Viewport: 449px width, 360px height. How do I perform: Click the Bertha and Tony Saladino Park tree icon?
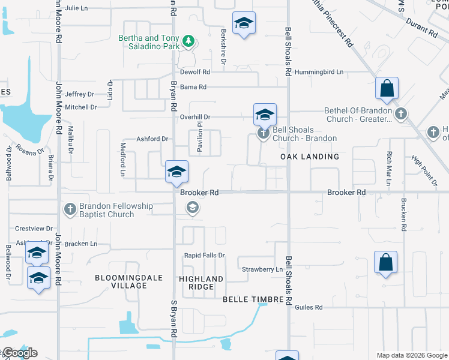[x=188, y=41]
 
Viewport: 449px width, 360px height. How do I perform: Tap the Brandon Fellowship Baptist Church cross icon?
[x=70, y=209]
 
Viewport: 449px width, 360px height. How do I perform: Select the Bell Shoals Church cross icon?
[x=263, y=133]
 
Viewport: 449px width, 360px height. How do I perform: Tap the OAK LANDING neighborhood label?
[x=310, y=157]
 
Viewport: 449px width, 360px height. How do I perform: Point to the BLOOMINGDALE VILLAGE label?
[x=121, y=281]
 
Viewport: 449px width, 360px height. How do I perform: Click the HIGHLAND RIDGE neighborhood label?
[x=201, y=283]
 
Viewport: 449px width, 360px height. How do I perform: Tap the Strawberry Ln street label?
[x=262, y=270]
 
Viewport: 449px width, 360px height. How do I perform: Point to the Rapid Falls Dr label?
[x=205, y=256]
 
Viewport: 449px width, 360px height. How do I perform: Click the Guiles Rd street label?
[x=309, y=307]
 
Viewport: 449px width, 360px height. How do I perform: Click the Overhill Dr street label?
[x=196, y=117]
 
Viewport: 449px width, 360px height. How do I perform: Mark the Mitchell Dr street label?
[x=81, y=107]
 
